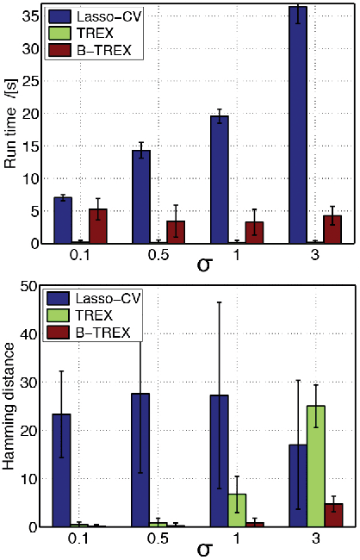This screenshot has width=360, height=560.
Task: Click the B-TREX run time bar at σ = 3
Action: tap(332, 229)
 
